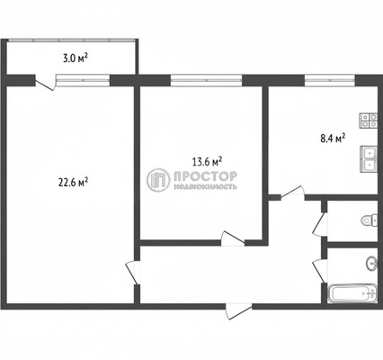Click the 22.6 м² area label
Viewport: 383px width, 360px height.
click(x=72, y=181)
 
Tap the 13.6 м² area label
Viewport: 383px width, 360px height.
click(x=207, y=162)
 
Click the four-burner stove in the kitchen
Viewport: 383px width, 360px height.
click(x=367, y=119)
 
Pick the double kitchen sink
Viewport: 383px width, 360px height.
click(x=368, y=157)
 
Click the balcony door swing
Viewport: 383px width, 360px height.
click(x=43, y=83)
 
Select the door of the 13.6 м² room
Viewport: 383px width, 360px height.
click(x=233, y=238)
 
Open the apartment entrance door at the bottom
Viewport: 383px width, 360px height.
click(x=236, y=310)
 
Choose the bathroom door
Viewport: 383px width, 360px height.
click(x=318, y=267)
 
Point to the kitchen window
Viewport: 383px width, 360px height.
click(x=322, y=79)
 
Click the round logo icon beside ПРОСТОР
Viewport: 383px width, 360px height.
click(x=158, y=181)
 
